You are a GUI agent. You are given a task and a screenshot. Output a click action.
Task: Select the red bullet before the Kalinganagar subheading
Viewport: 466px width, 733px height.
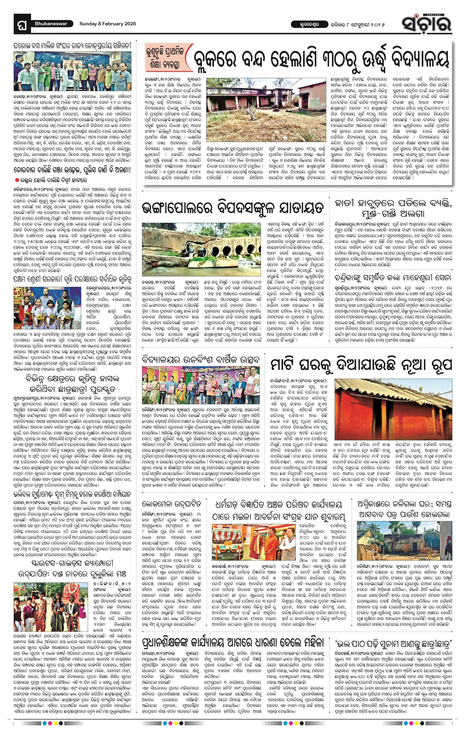click(17, 180)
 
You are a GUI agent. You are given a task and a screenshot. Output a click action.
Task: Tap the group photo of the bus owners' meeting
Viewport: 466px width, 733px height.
click(73, 71)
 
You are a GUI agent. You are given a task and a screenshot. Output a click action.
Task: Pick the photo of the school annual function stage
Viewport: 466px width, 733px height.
click(201, 385)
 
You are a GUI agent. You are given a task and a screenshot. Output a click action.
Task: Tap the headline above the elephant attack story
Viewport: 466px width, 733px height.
click(393, 208)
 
